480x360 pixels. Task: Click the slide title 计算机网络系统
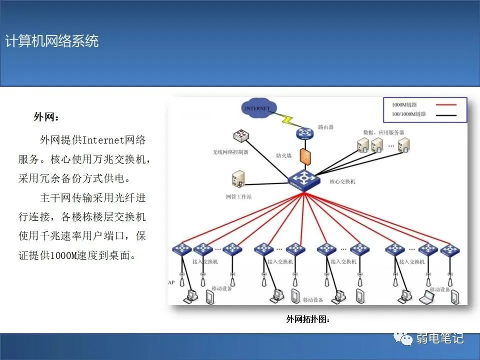[52, 41]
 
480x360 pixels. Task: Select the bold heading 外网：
[46, 117]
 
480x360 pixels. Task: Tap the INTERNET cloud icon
[257, 108]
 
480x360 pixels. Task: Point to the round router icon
[303, 132]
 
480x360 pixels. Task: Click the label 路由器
[325, 127]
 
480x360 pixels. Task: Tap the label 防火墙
[283, 155]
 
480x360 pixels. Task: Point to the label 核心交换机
[342, 182]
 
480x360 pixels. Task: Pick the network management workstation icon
[237, 179]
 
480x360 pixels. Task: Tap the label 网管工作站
[238, 196]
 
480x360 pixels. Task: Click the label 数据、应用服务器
[383, 132]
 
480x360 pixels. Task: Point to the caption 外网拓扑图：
[308, 319]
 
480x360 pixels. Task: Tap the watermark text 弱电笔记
[440, 338]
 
